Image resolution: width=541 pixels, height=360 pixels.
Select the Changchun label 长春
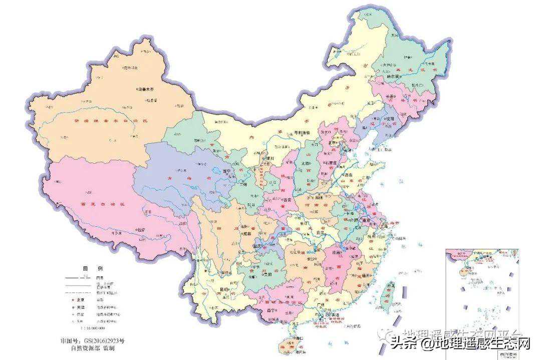pyautogui.click(x=391, y=96)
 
